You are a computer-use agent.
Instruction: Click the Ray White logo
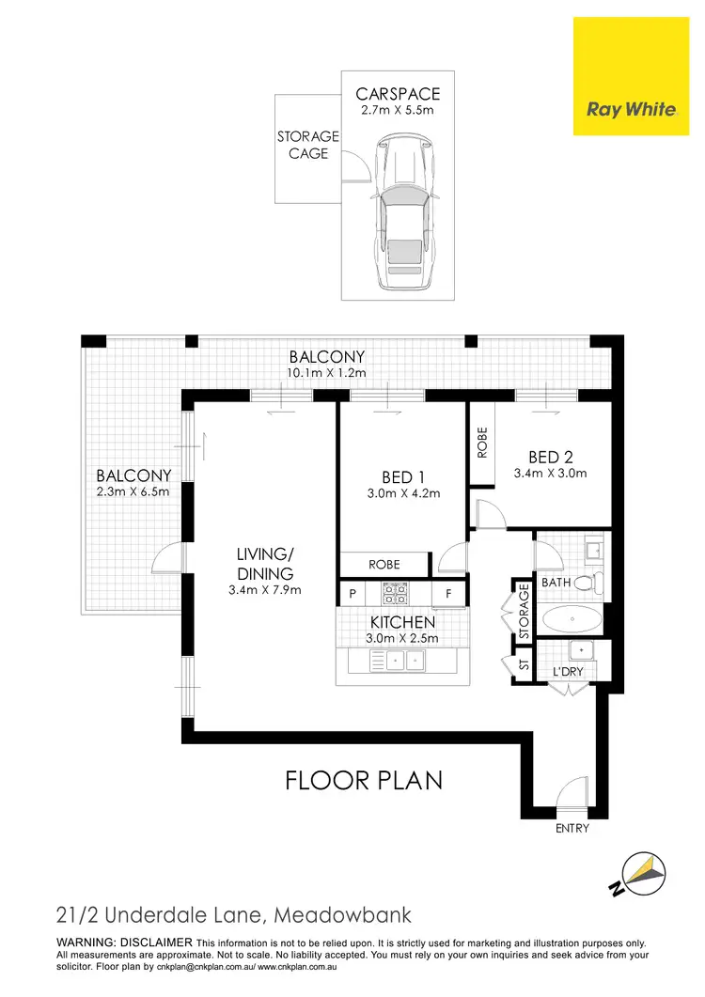631,109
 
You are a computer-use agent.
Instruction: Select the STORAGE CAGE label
307,145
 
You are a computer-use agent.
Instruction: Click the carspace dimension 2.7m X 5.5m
398,111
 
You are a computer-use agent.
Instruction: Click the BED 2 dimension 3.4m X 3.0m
550,473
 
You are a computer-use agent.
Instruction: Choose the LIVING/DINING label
265,564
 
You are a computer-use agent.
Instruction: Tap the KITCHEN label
402,622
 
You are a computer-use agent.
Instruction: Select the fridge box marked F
448,594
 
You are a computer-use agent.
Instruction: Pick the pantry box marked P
353,594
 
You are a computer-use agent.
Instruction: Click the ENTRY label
572,828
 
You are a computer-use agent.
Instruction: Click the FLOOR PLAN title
364,780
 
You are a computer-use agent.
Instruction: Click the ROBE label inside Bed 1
384,565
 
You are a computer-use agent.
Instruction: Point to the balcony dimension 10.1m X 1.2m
326,373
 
